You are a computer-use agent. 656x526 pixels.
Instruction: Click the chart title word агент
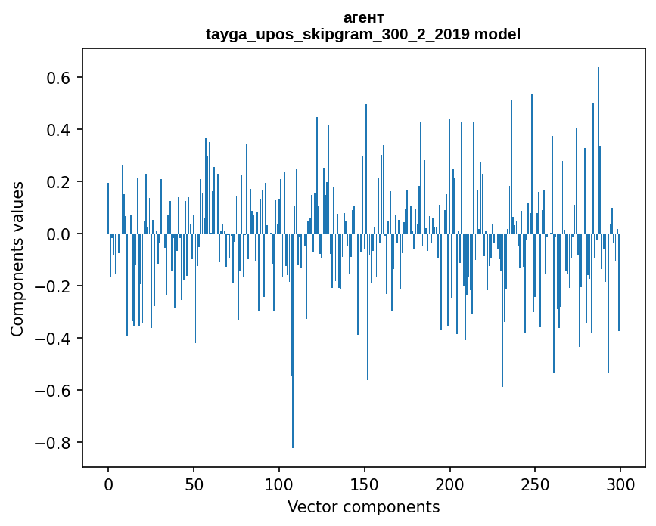(363, 17)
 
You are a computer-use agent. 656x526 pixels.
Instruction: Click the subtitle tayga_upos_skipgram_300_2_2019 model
(363, 34)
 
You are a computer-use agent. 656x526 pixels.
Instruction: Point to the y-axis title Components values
(17, 258)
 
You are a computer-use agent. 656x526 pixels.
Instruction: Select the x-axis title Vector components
(363, 506)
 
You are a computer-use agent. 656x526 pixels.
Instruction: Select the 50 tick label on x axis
(194, 484)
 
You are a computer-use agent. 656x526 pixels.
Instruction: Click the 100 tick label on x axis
(279, 484)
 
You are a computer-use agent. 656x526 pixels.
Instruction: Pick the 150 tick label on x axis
(365, 484)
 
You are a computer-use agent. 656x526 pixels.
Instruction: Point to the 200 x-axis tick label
(450, 484)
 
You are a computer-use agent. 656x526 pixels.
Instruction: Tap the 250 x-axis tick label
(535, 484)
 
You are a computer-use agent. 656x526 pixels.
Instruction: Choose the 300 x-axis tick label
(620, 484)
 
